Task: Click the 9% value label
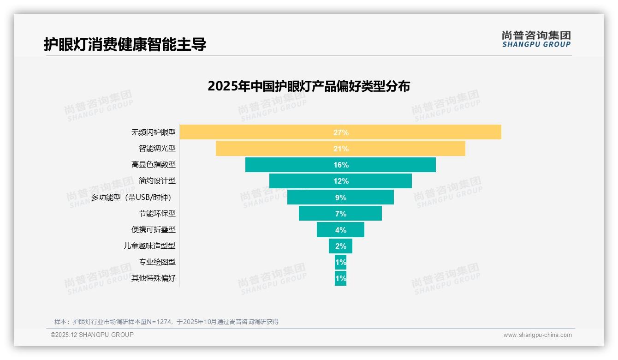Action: point(340,198)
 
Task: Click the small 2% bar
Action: point(340,246)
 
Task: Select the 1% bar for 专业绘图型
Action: point(340,262)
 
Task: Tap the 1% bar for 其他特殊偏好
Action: point(340,278)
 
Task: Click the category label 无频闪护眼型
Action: point(154,132)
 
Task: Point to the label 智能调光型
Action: point(157,149)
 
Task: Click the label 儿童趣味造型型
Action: point(149,246)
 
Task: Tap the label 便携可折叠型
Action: point(154,230)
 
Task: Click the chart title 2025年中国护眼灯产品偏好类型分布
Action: point(309,86)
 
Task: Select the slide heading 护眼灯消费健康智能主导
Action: point(125,44)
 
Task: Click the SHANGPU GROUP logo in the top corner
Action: point(536,39)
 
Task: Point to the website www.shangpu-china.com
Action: point(537,335)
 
